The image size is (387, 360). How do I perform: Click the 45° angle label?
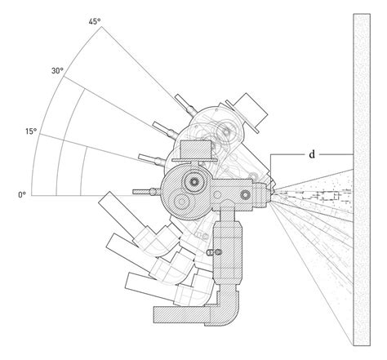point(95,21)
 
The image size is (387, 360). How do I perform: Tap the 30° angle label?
point(58,72)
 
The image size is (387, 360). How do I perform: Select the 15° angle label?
point(31,131)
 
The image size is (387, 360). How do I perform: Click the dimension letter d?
point(311,154)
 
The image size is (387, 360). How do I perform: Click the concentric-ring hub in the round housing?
point(194,184)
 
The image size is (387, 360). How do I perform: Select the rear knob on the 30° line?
point(154,126)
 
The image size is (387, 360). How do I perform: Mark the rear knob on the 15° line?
point(146,155)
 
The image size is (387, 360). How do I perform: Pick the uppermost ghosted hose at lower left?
point(114,208)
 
